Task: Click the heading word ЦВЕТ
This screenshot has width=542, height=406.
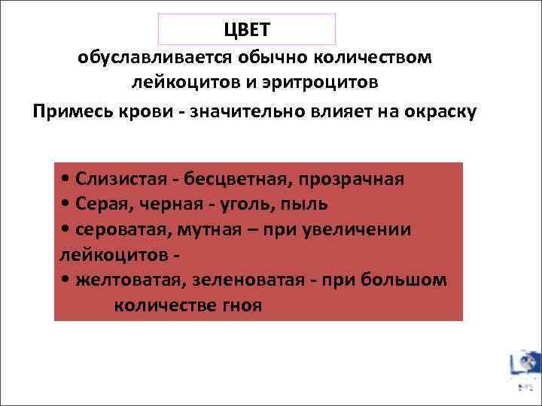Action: click(246, 30)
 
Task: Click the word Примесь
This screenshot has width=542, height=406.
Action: click(70, 111)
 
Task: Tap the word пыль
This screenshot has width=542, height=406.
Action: click(306, 205)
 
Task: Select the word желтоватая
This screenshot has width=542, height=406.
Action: click(129, 280)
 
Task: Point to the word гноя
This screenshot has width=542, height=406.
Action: click(242, 306)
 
